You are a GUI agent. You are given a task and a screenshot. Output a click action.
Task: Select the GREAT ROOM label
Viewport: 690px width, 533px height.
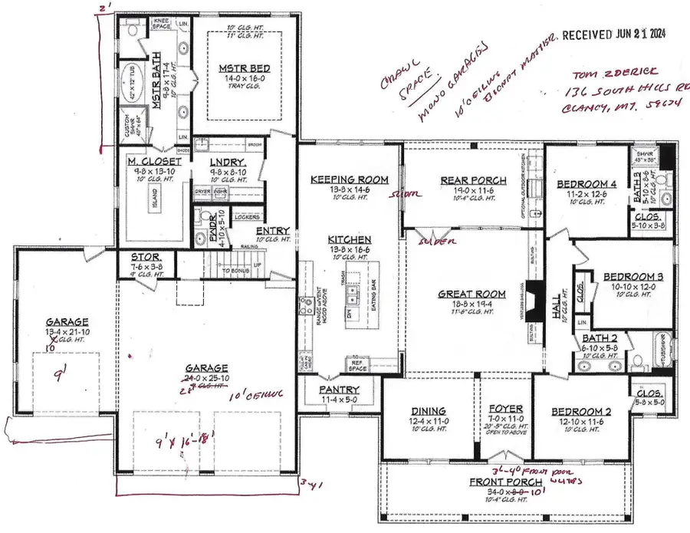pyautogui.click(x=472, y=294)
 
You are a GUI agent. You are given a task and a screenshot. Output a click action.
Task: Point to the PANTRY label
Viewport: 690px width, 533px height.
pyautogui.click(x=339, y=390)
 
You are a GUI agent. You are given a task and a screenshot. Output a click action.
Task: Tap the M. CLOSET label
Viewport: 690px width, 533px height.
pyautogui.click(x=154, y=162)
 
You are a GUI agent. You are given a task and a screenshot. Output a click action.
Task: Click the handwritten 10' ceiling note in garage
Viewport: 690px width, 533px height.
pyautogui.click(x=263, y=394)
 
